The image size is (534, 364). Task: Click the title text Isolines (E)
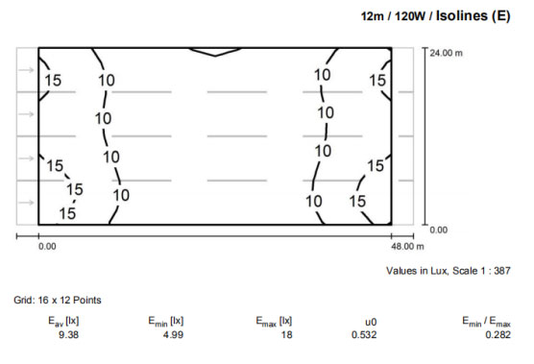point(473,16)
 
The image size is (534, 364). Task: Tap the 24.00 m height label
point(447,53)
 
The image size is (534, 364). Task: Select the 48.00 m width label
point(407,247)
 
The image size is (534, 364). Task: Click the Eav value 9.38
point(69,335)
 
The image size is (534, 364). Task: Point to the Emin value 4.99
point(173,335)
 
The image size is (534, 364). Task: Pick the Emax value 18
point(286,335)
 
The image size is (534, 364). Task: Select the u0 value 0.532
point(364,335)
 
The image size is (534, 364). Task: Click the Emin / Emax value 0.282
point(498,335)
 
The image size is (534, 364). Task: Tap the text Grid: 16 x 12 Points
point(58,300)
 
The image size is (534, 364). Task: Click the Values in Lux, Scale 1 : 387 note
point(449,271)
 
